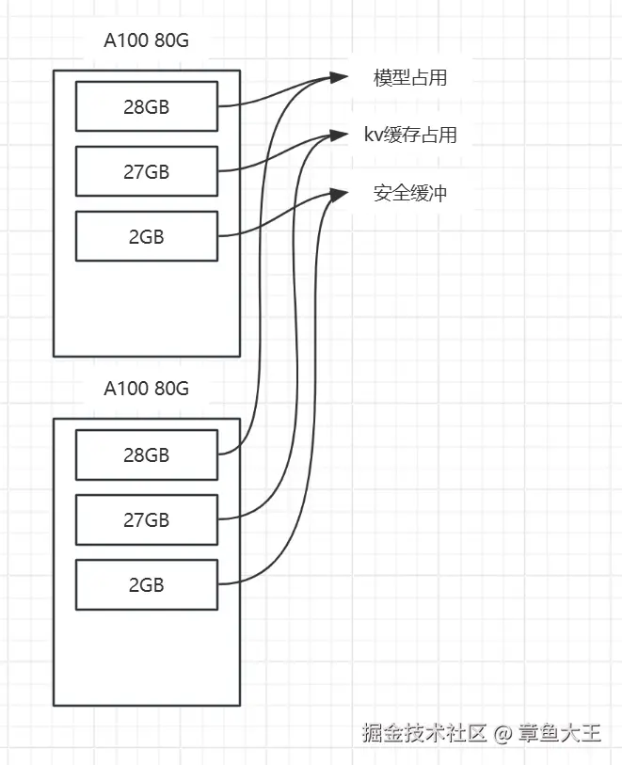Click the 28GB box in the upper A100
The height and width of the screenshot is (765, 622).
tap(146, 106)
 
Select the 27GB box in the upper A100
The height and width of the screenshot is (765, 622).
tap(146, 171)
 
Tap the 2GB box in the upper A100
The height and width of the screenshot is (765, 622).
tap(146, 236)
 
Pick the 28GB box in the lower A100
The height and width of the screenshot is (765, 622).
tap(146, 454)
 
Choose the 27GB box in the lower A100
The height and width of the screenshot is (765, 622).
tap(146, 519)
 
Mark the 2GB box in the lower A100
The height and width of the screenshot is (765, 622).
tap(146, 584)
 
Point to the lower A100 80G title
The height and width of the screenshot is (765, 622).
tap(146, 389)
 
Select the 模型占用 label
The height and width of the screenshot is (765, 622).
tap(410, 77)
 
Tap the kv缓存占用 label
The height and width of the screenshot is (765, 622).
tap(410, 135)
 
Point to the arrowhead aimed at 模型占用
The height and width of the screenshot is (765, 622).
tap(338, 77)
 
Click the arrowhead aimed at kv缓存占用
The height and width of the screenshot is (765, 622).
tap(338, 135)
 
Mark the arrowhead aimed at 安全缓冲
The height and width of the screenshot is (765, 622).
tap(338, 194)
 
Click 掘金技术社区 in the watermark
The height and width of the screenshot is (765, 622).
tap(423, 733)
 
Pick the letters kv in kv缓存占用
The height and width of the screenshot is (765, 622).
tap(374, 135)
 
